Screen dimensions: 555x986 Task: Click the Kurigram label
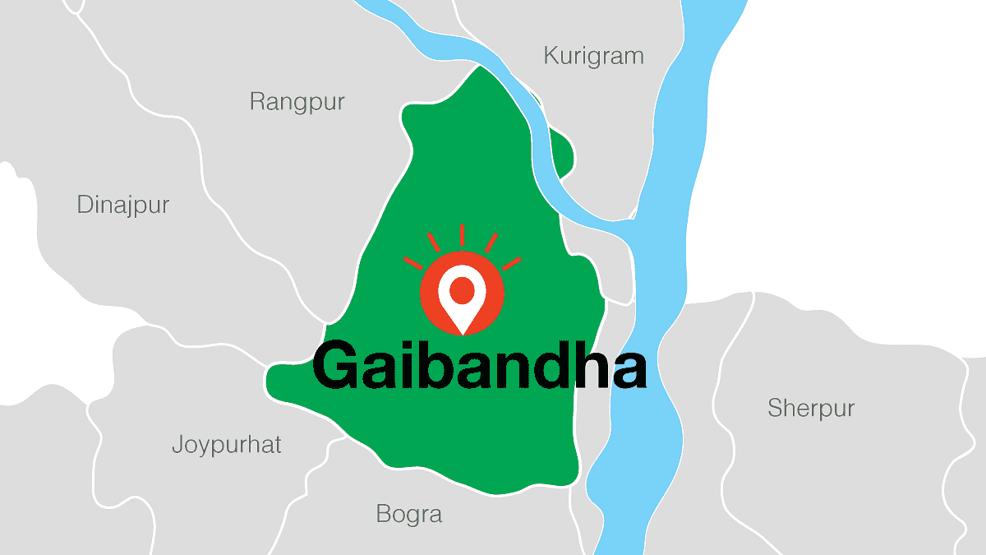point(593,57)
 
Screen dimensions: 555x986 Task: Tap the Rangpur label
point(297,103)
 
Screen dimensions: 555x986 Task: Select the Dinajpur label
point(122,205)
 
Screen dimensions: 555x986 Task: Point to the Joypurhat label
point(226,446)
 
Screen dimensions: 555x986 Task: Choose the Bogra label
point(408,515)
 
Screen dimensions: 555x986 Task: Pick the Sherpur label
point(811,408)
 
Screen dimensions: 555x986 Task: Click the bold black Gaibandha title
point(479,367)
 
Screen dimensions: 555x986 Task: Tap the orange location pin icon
point(462,297)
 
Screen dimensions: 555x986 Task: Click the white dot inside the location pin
point(462,289)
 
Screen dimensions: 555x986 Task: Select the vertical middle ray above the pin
point(462,235)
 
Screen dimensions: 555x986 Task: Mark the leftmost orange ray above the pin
point(412,263)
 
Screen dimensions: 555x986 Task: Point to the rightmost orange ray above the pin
point(512,263)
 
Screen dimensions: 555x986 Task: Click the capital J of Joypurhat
point(177,446)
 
